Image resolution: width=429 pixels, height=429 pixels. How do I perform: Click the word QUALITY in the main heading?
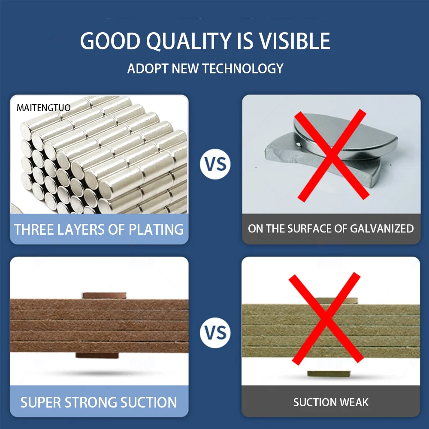[x=189, y=42]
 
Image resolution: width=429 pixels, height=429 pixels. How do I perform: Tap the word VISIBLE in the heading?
[x=295, y=41]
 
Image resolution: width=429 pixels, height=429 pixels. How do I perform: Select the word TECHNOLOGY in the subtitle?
[x=243, y=68]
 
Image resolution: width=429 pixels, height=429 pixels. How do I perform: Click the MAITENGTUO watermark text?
[x=43, y=108]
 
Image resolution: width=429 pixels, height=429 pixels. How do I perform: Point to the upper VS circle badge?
[x=215, y=164]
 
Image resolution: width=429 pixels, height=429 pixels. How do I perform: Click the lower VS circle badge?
[x=215, y=333]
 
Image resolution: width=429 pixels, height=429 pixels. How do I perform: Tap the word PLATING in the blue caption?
[x=156, y=229]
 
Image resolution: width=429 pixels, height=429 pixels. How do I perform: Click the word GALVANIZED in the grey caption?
[x=382, y=229]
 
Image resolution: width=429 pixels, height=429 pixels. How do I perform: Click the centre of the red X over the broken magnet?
[x=332, y=155]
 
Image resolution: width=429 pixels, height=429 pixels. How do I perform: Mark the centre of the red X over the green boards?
[x=326, y=318]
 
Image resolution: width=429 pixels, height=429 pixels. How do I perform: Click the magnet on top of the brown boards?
[x=104, y=296]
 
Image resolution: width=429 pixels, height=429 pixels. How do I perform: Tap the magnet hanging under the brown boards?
[x=97, y=355]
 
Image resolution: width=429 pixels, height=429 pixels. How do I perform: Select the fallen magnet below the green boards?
[x=329, y=374]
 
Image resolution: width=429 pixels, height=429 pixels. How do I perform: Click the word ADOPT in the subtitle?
[x=148, y=68]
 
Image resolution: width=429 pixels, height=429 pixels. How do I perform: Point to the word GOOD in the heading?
[x=110, y=41]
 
